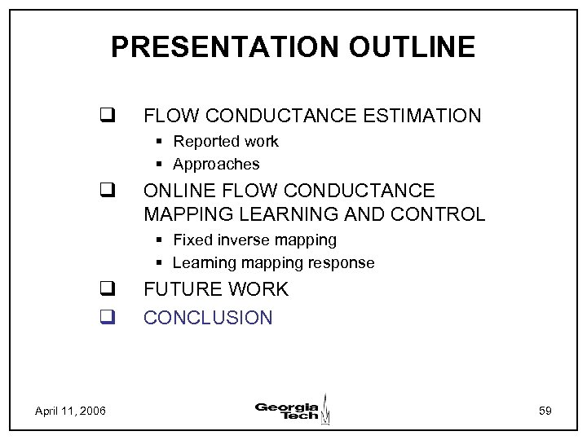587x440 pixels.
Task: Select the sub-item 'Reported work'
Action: tap(226, 142)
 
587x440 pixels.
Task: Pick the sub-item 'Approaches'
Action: tap(216, 164)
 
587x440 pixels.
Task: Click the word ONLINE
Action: tap(175, 191)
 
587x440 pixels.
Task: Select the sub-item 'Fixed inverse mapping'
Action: tap(254, 240)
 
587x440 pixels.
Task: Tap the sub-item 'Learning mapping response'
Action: tap(273, 262)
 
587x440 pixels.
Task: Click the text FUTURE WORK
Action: tap(216, 289)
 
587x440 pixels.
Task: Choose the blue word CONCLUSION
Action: tap(208, 317)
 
